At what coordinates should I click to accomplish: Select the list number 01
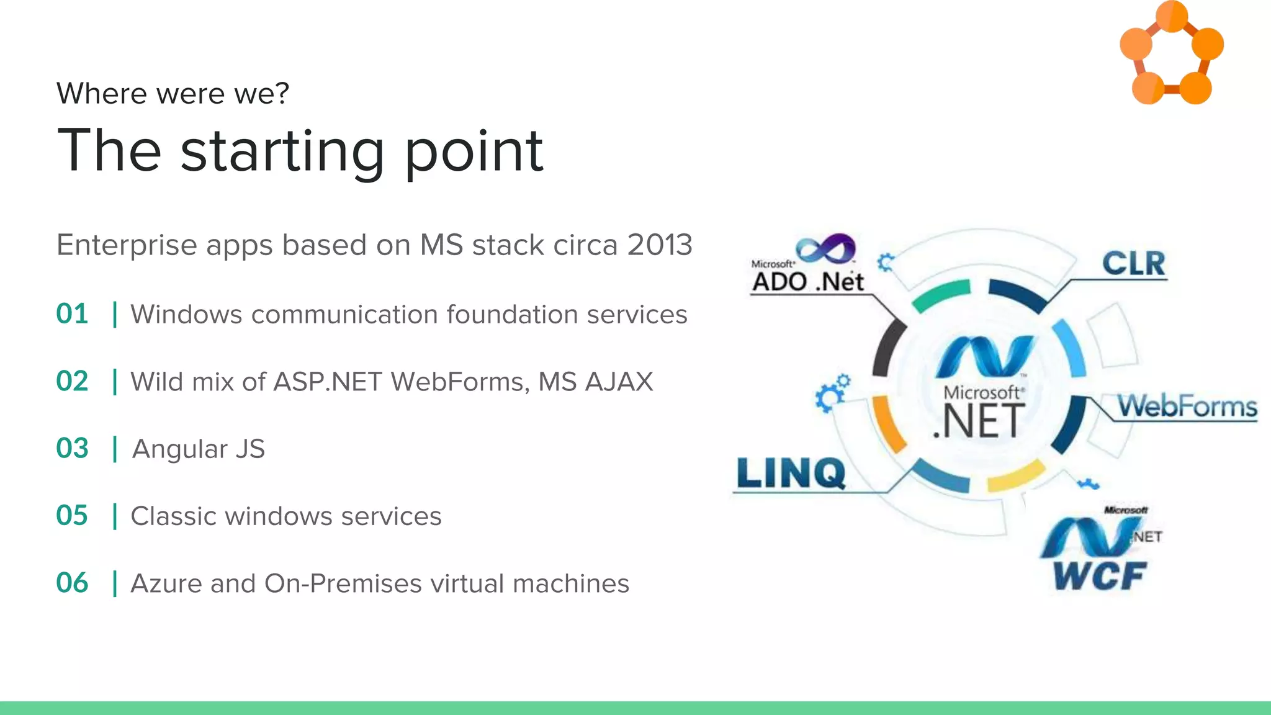[x=72, y=314]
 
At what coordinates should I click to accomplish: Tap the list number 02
[x=72, y=381]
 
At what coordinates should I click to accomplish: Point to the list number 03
[x=72, y=448]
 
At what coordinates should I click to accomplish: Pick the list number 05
[x=72, y=516]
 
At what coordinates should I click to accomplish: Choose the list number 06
[x=72, y=583]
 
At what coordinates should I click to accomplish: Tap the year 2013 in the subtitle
[x=659, y=245]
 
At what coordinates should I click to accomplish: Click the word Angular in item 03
[x=179, y=449]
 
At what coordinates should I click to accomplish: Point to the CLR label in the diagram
[x=1133, y=264]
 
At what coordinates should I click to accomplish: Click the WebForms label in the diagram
[x=1187, y=407]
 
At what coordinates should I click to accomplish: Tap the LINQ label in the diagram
[x=791, y=474]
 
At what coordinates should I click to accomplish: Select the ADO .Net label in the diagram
[x=807, y=282]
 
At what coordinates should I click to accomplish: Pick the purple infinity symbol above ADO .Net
[x=826, y=248]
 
